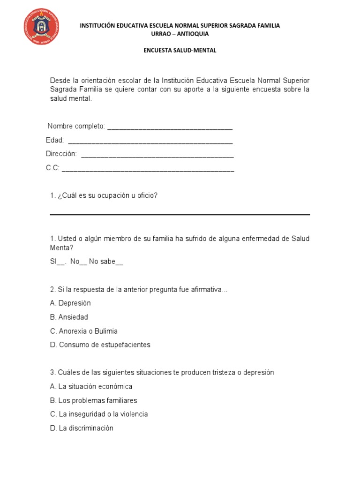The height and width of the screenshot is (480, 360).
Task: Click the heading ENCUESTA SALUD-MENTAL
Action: [180, 51]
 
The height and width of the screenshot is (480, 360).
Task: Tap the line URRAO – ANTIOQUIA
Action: [180, 34]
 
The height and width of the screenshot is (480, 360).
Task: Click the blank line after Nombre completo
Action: [170, 128]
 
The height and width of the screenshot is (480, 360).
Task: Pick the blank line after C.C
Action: [148, 170]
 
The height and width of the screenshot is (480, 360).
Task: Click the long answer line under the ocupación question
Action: [180, 214]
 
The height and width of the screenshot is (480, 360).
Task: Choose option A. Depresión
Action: [70, 303]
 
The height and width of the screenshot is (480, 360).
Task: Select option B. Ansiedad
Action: [69, 317]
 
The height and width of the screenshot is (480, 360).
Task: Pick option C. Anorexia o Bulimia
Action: [84, 331]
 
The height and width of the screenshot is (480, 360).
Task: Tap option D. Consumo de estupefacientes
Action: [100, 345]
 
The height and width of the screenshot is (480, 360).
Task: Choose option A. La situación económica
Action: [91, 386]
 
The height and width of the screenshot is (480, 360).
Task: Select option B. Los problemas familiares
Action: [93, 400]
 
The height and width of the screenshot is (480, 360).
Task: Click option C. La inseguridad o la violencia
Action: [98, 414]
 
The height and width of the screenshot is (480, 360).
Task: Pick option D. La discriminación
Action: [82, 428]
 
